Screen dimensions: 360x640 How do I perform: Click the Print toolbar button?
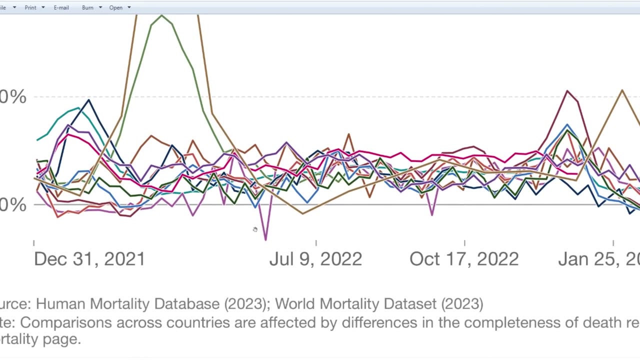point(30,7)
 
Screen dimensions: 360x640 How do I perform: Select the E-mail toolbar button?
point(61,7)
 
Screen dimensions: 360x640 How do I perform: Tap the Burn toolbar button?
point(87,7)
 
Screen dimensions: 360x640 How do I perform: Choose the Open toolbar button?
point(115,7)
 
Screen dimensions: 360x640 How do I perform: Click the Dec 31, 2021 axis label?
point(89,259)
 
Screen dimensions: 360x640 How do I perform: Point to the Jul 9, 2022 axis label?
point(315,259)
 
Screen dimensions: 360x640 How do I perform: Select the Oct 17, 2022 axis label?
point(464,259)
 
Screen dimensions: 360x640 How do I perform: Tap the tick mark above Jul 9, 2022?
point(316,243)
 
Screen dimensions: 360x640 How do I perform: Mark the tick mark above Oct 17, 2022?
point(464,243)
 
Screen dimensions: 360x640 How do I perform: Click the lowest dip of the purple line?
point(265,239)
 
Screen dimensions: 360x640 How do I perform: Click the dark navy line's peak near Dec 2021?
point(88,100)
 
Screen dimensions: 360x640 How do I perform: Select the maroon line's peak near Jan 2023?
point(567,91)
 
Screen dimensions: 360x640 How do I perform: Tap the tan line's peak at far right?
point(622,90)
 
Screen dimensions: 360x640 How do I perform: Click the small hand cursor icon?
point(255,229)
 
